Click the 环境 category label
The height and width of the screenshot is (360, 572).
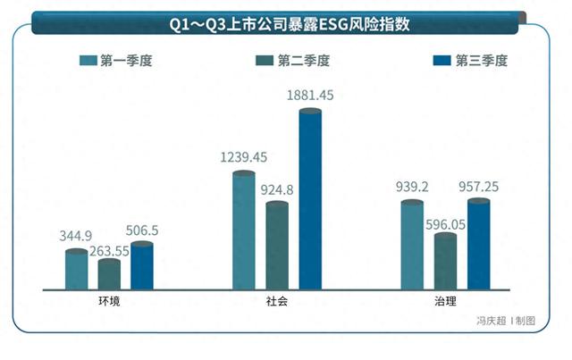tap(110, 302)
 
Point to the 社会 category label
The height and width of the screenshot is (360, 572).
tap(277, 302)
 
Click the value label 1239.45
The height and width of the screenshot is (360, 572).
tap(243, 157)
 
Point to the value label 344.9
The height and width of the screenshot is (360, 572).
tap(77, 236)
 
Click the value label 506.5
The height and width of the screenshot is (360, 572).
tap(141, 230)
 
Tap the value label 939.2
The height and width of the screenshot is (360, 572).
tap(413, 188)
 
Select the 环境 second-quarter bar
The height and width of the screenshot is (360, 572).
tap(109, 274)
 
